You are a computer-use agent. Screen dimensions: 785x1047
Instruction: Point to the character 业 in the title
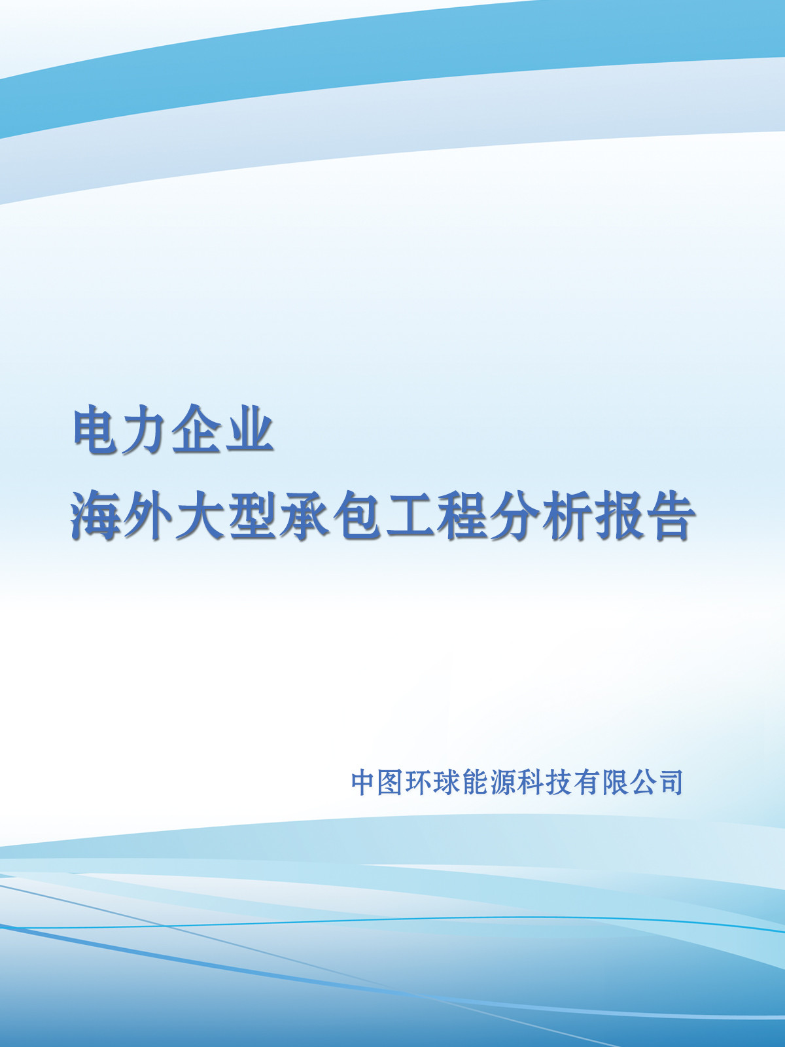(x=248, y=428)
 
